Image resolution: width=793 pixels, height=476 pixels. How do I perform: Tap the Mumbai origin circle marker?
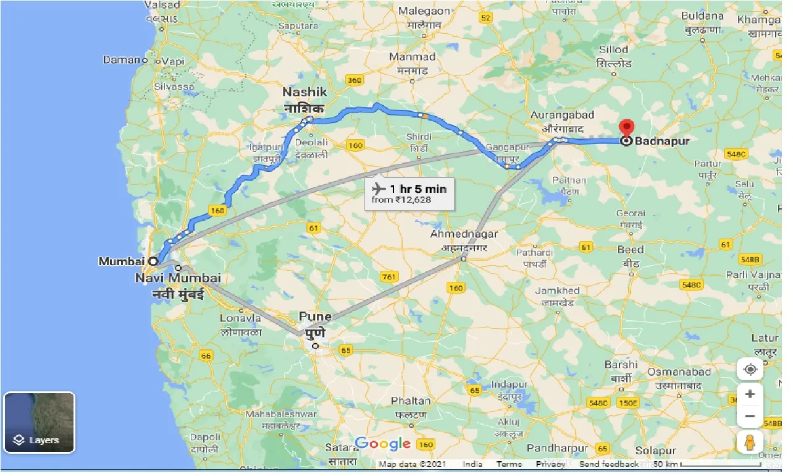click(x=152, y=261)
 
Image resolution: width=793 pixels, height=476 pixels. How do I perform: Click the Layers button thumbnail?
click(x=40, y=422)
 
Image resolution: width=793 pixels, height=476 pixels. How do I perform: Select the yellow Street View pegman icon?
click(x=750, y=443)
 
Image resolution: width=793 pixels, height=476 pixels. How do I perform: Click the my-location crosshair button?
click(x=750, y=370)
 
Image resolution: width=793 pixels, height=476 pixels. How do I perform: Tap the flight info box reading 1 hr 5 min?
click(x=409, y=193)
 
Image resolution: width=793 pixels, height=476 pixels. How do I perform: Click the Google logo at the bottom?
click(x=383, y=443)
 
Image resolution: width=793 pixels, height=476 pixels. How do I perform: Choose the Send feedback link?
click(x=608, y=464)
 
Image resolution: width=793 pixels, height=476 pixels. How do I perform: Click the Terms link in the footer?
click(x=510, y=464)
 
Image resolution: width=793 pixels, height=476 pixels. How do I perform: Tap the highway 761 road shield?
click(x=390, y=277)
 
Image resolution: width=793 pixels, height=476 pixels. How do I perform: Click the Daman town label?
click(x=122, y=60)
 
